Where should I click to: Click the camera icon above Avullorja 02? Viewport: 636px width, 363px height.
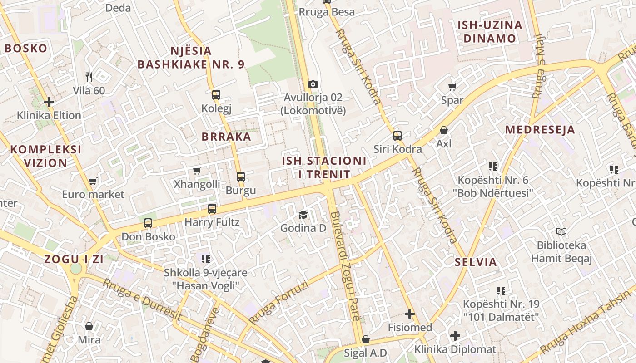tap(313, 84)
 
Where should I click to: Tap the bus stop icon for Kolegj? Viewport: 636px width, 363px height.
tap(216, 95)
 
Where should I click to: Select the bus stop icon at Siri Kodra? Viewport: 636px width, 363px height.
tap(397, 135)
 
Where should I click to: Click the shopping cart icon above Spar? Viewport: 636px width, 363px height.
tap(452, 87)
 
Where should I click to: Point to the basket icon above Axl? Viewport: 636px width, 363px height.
tap(444, 131)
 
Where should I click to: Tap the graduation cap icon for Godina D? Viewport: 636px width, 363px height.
tap(303, 215)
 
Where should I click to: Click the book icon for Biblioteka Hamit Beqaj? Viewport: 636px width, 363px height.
tap(561, 232)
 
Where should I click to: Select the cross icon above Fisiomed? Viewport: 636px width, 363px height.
tap(410, 314)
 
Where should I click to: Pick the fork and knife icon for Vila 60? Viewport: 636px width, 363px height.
tap(89, 77)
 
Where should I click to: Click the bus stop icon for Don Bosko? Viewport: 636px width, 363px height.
tap(148, 223)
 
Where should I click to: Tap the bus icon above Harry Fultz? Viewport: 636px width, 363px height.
tap(212, 209)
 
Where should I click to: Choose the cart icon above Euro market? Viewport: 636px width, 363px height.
tap(93, 181)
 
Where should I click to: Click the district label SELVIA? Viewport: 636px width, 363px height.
tap(476, 262)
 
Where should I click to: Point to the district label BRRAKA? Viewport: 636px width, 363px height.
tap(226, 137)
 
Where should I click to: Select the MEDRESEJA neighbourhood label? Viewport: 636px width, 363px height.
tap(540, 130)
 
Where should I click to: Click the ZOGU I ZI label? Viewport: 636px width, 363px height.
tap(74, 260)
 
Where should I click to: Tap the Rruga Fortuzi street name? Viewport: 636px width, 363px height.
tap(278, 303)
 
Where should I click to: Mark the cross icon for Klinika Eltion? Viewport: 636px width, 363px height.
tap(49, 102)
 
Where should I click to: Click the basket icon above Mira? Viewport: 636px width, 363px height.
tap(89, 326)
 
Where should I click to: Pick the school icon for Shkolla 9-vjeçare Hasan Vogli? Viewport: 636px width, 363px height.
tap(206, 259)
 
